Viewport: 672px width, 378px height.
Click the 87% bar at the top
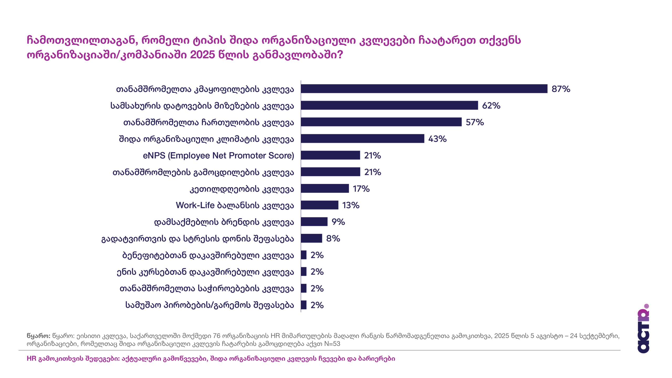[x=424, y=89]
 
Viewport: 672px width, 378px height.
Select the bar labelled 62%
[x=389, y=105]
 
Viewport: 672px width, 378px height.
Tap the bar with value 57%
[x=381, y=122]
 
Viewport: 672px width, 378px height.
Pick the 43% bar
[x=363, y=139]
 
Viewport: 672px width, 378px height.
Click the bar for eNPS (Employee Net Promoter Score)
[x=330, y=155]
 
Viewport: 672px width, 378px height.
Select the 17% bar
[x=325, y=188]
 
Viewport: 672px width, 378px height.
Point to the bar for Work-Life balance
[x=319, y=205]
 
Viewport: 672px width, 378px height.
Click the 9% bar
[x=314, y=222]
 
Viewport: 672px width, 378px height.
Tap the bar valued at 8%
[x=311, y=238]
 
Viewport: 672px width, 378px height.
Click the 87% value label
[x=561, y=89]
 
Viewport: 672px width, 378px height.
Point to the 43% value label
[x=437, y=139]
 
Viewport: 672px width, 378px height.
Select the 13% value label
[x=351, y=205]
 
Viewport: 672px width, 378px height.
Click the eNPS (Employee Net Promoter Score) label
[x=218, y=156]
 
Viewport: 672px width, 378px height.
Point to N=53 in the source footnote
[x=332, y=344]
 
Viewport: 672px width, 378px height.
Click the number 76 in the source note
[x=217, y=336]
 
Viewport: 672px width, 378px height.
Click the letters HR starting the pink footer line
[x=31, y=359]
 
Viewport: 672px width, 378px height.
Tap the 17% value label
[x=361, y=189]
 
